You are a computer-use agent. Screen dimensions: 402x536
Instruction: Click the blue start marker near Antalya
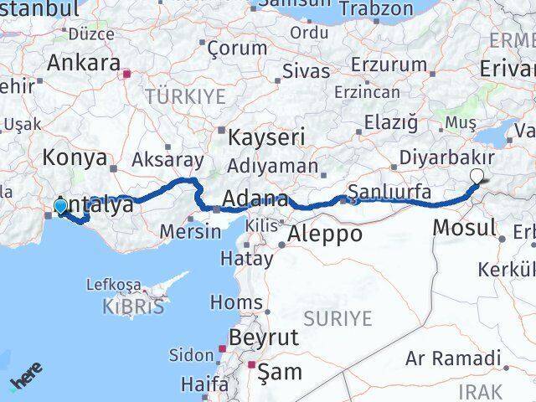point(60,205)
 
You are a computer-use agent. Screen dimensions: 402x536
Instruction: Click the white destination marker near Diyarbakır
point(477,176)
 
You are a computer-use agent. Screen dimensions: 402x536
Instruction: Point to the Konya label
point(76,157)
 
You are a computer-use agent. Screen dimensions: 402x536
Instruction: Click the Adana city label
point(256,200)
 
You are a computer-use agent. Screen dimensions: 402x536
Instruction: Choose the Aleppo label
point(325,234)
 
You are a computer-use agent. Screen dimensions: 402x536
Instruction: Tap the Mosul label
point(465,226)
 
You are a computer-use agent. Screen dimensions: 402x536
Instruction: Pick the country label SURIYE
point(338,317)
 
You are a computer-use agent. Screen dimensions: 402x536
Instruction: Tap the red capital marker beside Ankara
point(126,74)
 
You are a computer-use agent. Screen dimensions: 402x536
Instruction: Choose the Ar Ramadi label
point(452,359)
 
